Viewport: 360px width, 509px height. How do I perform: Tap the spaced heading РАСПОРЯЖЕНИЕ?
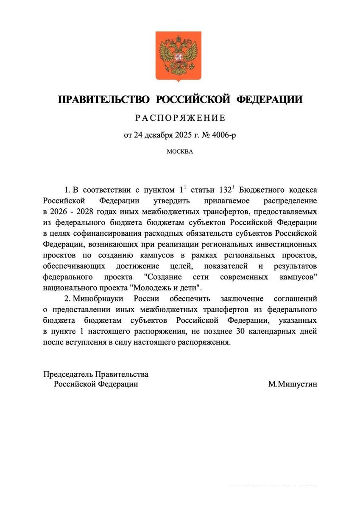[180, 118]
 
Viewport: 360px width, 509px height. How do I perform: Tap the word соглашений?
[298, 299]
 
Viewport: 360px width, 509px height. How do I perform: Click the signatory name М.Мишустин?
[293, 384]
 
